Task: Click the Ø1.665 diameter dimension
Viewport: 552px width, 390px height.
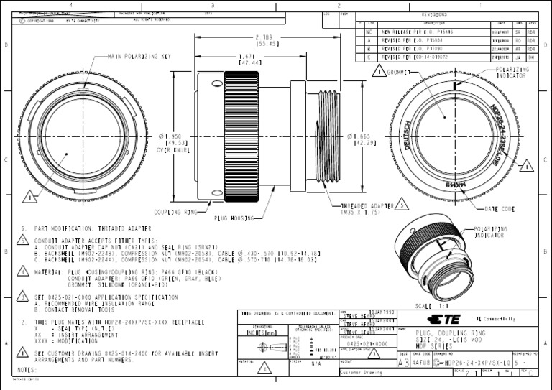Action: (x=359, y=139)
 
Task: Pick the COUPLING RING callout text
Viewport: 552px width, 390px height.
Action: (x=175, y=213)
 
